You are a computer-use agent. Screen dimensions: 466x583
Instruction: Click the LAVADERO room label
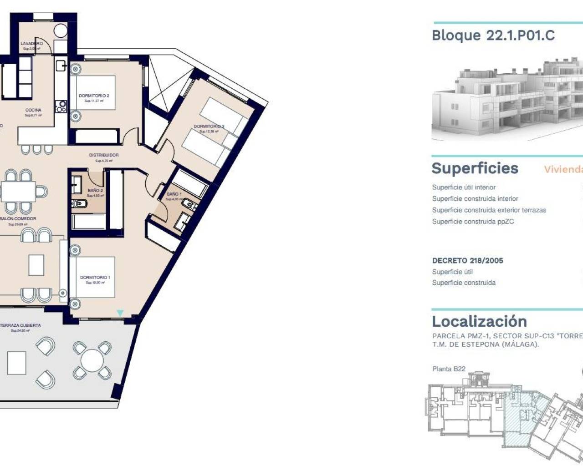[31, 44]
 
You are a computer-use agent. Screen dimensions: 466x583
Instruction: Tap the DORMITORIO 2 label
[94, 96]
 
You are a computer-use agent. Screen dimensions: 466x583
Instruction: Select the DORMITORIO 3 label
[209, 127]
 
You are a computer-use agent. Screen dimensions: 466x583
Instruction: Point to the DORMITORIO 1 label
[95, 278]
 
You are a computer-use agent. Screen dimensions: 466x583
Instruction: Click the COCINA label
[33, 110]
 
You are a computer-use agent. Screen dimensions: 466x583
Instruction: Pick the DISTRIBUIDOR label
[104, 155]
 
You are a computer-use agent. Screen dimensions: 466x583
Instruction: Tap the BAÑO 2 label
[95, 191]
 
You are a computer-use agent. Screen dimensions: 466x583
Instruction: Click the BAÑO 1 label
[174, 194]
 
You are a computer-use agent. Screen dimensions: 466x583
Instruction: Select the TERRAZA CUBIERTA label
[21, 326]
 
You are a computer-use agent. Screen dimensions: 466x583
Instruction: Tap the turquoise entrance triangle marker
[120, 313]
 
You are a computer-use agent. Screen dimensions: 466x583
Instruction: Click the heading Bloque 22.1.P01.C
[493, 35]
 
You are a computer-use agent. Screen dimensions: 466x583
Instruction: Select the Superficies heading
[475, 168]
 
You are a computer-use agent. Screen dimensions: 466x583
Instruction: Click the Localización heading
[479, 321]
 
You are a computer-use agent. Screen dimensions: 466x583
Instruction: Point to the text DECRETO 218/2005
[467, 261]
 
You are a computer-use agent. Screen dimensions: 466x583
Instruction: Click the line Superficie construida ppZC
[473, 222]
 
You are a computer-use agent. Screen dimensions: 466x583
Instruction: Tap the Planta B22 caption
[449, 369]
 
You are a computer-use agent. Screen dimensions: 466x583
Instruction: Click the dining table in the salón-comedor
[18, 192]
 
